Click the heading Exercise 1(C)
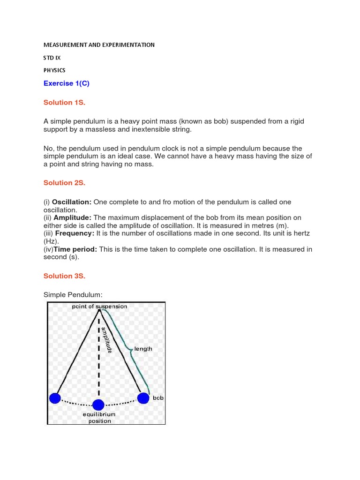(x=66, y=83)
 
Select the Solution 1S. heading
(x=64, y=102)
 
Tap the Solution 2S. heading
(x=64, y=183)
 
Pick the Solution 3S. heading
(x=64, y=276)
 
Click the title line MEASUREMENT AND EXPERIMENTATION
(x=99, y=45)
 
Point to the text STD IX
(x=52, y=58)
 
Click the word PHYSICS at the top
(x=54, y=70)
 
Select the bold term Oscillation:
(x=72, y=202)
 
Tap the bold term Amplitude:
(x=73, y=217)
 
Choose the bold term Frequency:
(x=75, y=233)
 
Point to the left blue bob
(x=55, y=398)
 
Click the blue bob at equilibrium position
(x=98, y=405)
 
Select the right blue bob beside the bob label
(x=143, y=398)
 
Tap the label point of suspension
(x=99, y=307)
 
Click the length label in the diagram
(x=143, y=349)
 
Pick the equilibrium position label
(x=99, y=418)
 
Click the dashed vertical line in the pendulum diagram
(x=98, y=361)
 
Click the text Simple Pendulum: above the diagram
(x=73, y=294)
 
